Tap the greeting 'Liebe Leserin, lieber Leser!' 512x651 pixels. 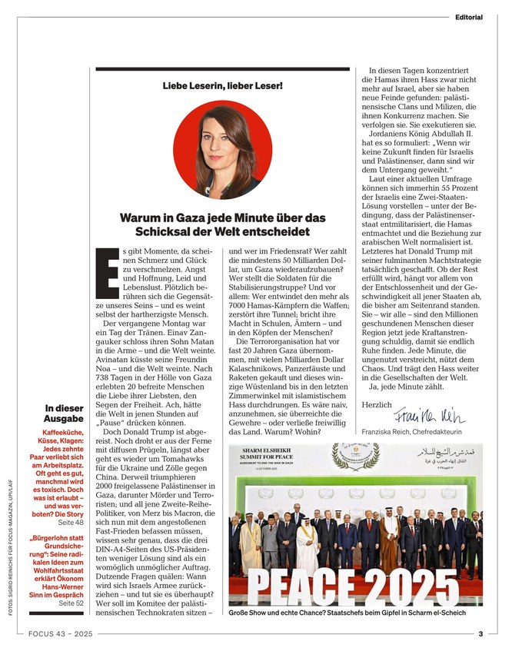tap(222, 84)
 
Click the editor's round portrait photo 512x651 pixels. tap(222, 149)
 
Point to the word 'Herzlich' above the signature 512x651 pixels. tap(377, 403)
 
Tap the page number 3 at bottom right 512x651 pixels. tap(480, 634)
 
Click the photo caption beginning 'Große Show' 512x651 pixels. tap(346, 614)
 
